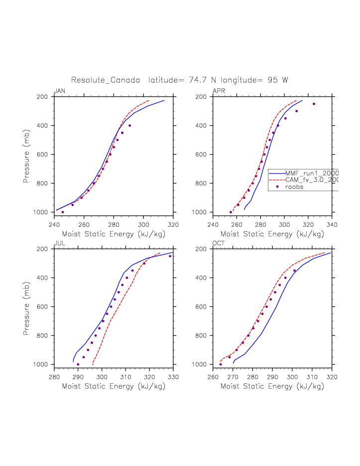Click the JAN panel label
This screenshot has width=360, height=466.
click(x=59, y=91)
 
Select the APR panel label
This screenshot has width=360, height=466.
click(x=219, y=91)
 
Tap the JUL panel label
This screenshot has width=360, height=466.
click(x=59, y=243)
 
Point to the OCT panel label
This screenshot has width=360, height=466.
click(x=219, y=243)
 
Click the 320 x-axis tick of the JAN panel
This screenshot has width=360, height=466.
click(x=173, y=224)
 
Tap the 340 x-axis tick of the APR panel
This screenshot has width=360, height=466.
click(x=332, y=224)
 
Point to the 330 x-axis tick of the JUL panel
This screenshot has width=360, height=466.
click(x=173, y=376)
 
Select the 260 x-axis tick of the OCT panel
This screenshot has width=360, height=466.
click(x=213, y=376)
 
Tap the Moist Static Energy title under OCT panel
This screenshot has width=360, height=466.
click(x=272, y=386)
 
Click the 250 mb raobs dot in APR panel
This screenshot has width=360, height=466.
click(x=314, y=104)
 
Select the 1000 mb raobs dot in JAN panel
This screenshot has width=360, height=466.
click(x=63, y=212)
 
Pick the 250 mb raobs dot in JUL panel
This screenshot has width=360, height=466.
click(x=170, y=256)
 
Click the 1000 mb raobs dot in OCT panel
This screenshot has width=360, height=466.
click(x=221, y=364)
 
